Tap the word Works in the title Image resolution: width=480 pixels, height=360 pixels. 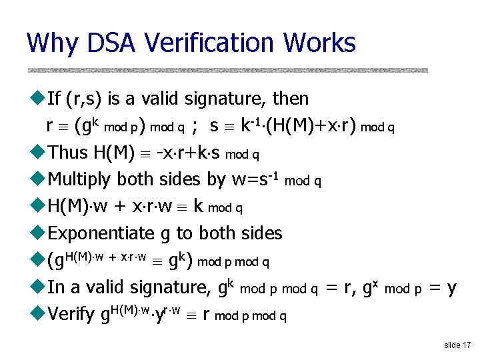click(319, 43)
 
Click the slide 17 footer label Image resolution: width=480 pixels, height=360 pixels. click(457, 345)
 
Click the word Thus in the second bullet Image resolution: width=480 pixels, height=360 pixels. click(68, 153)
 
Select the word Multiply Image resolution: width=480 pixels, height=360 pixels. click(80, 180)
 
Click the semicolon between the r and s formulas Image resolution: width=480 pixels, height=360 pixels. click(194, 126)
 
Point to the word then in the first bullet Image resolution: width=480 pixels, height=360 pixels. click(291, 99)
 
